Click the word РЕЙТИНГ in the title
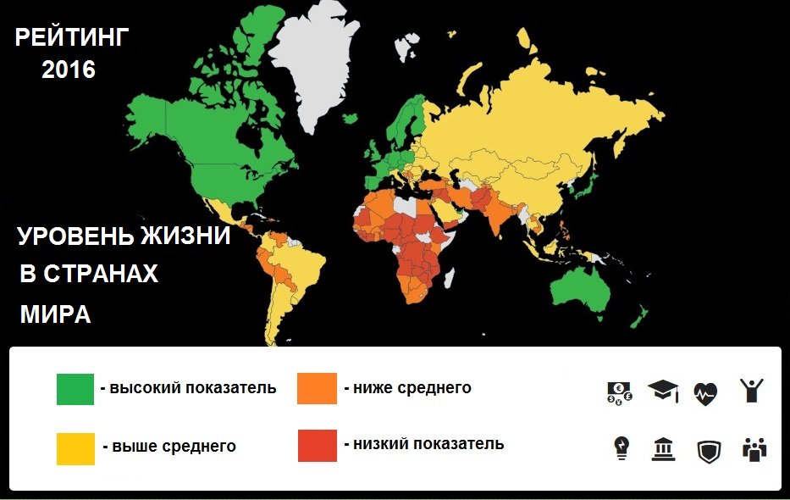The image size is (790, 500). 73,38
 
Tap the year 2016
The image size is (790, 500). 69,70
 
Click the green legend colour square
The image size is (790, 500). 75,389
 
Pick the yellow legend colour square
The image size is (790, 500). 75,447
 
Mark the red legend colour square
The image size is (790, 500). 317,446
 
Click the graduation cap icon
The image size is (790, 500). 664,391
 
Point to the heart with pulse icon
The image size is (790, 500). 705,392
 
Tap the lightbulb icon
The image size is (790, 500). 622,448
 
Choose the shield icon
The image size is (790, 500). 708,450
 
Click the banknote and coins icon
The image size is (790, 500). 620,392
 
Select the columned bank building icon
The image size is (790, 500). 664,449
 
